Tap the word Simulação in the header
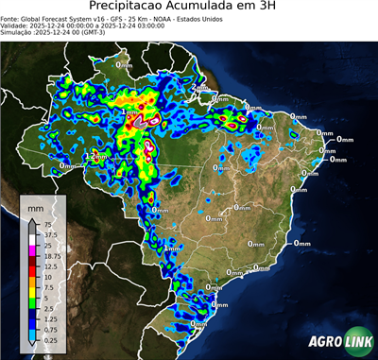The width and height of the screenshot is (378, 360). click(x=19, y=33)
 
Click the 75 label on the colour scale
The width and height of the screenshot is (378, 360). click(x=46, y=225)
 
